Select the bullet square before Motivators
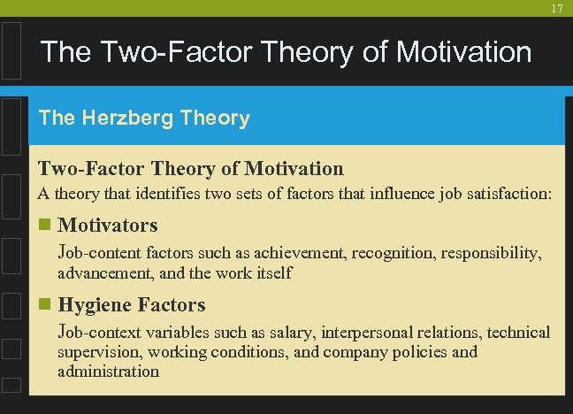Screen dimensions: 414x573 tap(44, 226)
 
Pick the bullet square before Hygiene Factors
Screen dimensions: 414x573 tap(44, 305)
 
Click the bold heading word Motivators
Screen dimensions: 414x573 tap(107, 225)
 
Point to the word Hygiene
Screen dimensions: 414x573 tap(95, 304)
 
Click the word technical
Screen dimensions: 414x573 tap(515, 333)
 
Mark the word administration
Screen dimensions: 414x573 tap(108, 372)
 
